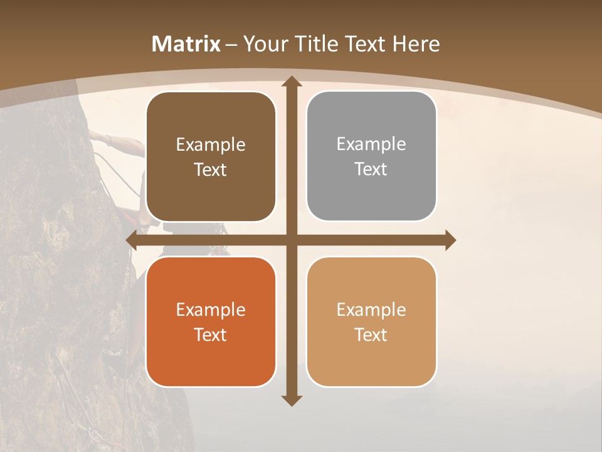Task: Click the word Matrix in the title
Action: [x=186, y=44]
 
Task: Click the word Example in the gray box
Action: [x=371, y=144]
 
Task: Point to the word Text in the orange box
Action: [x=211, y=335]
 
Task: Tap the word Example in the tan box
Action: [x=371, y=309]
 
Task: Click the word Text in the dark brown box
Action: [x=211, y=170]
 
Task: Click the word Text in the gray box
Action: [x=371, y=169]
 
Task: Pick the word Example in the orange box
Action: [x=211, y=309]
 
